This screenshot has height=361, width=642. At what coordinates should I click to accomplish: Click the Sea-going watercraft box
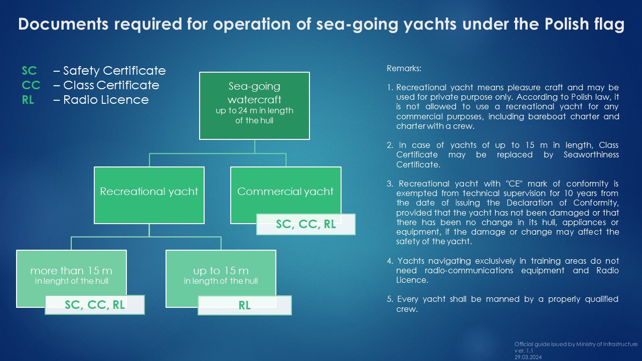click(x=254, y=106)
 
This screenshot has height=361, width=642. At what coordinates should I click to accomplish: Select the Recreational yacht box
click(x=149, y=195)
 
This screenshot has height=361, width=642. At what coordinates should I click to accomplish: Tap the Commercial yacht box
click(x=285, y=191)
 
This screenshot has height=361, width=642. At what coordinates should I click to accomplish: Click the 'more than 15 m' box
click(x=71, y=272)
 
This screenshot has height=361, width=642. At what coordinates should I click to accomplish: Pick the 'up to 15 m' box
click(x=221, y=272)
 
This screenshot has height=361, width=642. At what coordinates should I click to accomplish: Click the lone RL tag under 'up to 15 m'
click(x=244, y=305)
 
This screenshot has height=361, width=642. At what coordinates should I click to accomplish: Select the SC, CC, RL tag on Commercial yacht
click(x=306, y=224)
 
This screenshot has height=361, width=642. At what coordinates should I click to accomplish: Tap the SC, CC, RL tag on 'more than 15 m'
click(x=95, y=305)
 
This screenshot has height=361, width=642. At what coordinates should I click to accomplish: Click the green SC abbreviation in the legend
click(x=29, y=71)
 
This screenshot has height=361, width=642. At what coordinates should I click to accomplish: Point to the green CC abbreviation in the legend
click(x=31, y=85)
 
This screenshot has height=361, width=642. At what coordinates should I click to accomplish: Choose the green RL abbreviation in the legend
click(x=28, y=100)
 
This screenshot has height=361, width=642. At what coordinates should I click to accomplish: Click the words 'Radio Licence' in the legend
click(x=106, y=100)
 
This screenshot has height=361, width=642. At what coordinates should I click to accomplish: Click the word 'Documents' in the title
click(x=63, y=24)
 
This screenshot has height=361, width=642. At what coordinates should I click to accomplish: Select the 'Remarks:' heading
click(x=404, y=69)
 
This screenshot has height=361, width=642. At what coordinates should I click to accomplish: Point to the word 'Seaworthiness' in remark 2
click(x=591, y=155)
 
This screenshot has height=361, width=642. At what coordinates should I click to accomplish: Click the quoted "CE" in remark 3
click(x=513, y=184)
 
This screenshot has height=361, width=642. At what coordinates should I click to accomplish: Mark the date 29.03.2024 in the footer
click(x=528, y=357)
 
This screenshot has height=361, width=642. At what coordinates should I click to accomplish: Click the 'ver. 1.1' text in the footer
click(x=524, y=350)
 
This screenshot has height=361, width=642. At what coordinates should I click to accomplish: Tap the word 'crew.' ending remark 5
click(x=407, y=309)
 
